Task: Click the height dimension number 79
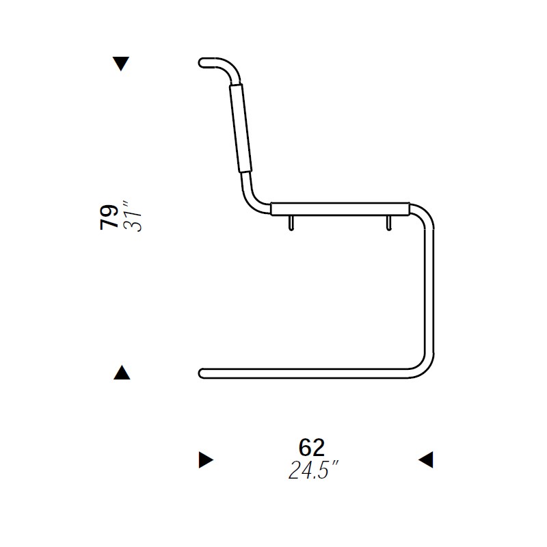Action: (109, 217)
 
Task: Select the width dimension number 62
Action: (312, 447)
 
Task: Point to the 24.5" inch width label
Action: (313, 470)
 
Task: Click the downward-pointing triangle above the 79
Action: (121, 63)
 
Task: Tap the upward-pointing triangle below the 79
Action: (122, 373)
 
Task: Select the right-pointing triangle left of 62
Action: (206, 459)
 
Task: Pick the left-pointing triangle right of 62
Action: (426, 459)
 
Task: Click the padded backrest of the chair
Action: (241, 128)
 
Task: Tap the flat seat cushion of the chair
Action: (341, 209)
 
